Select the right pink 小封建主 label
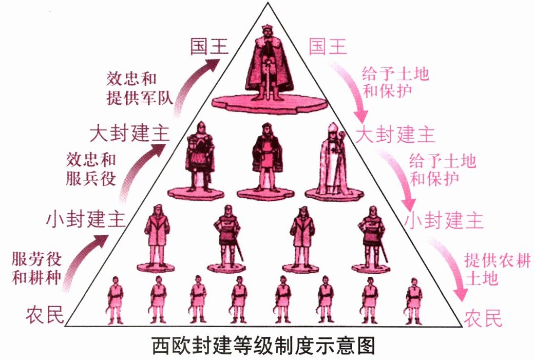tap(444, 221)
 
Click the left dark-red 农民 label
tap(45, 314)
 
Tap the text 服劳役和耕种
tap(37, 268)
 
